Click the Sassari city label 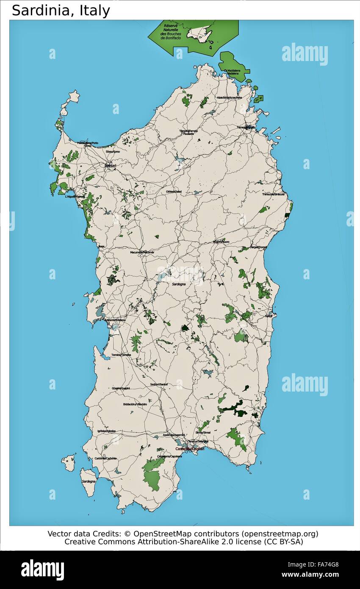click(x=110, y=165)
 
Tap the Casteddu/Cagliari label click(x=190, y=449)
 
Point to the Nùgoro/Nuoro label click(x=221, y=242)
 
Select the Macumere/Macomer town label click(x=142, y=252)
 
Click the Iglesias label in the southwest click(x=106, y=431)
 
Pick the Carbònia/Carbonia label click(x=105, y=458)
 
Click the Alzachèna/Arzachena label click(x=229, y=97)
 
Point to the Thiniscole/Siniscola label click(x=273, y=194)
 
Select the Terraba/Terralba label click(x=121, y=354)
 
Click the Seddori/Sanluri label click(x=159, y=384)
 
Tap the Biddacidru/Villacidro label click(x=135, y=404)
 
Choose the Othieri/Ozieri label click(x=174, y=192)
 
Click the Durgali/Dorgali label click(x=258, y=247)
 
